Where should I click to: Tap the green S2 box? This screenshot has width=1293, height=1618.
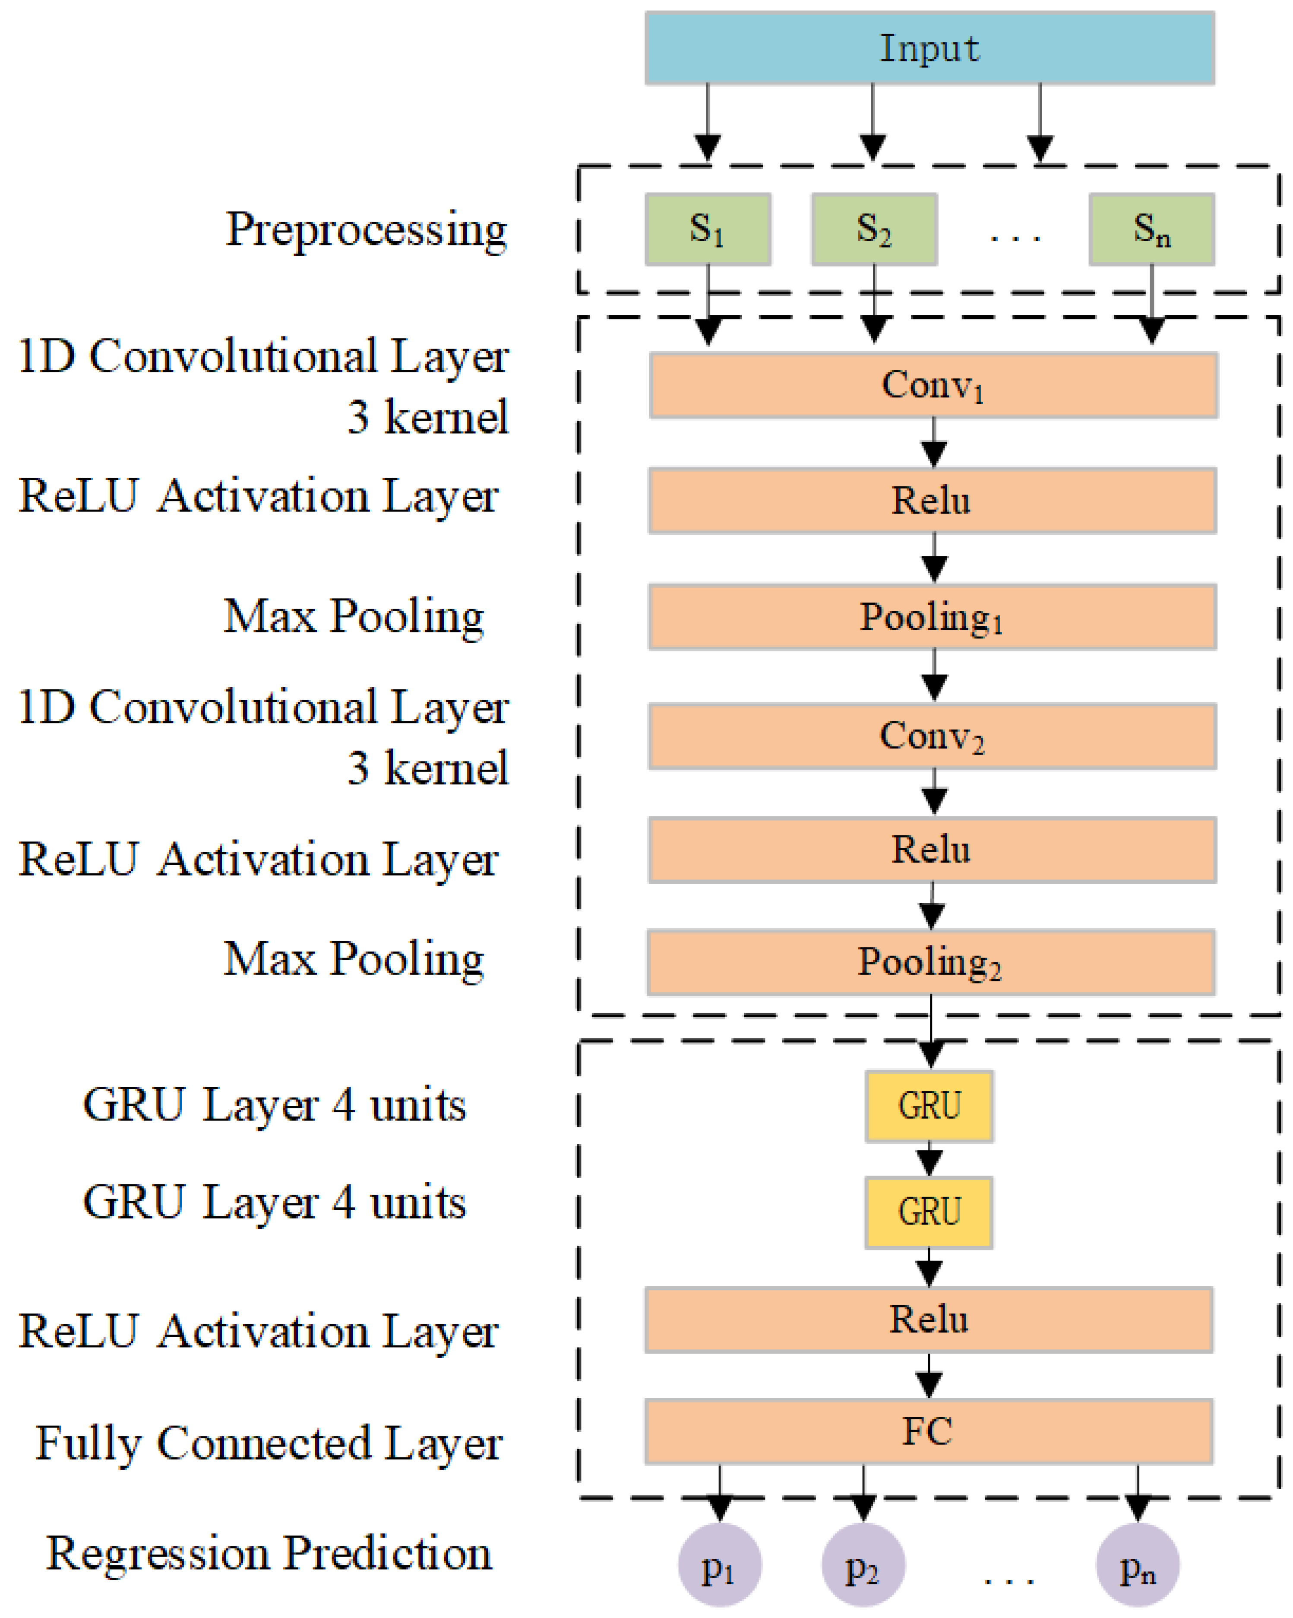(x=874, y=229)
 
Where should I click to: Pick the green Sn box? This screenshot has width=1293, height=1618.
(x=1151, y=229)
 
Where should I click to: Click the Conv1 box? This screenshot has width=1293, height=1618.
(x=933, y=385)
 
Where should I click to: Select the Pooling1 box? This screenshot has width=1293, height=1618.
(x=932, y=617)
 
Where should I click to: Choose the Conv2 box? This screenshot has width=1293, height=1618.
(x=932, y=736)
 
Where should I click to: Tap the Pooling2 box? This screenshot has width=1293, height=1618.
(x=931, y=962)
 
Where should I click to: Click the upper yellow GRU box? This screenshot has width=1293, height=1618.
(x=929, y=1106)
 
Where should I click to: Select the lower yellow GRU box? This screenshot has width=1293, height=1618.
(x=929, y=1212)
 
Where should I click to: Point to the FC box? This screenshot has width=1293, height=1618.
(x=929, y=1431)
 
